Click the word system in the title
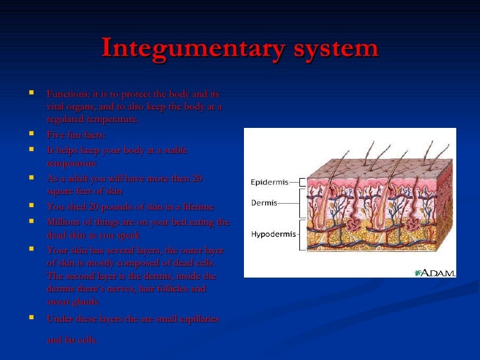(x=333, y=48)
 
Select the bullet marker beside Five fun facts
(x=32, y=134)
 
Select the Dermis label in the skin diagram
(x=264, y=203)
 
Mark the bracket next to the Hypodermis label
(x=303, y=234)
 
